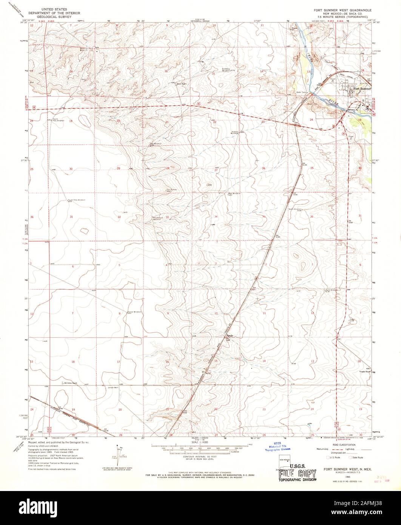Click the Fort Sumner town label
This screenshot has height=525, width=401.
click(x=362, y=88)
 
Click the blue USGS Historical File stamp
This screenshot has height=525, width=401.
click(x=277, y=446)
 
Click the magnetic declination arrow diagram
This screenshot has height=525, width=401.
click(x=117, y=455)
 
